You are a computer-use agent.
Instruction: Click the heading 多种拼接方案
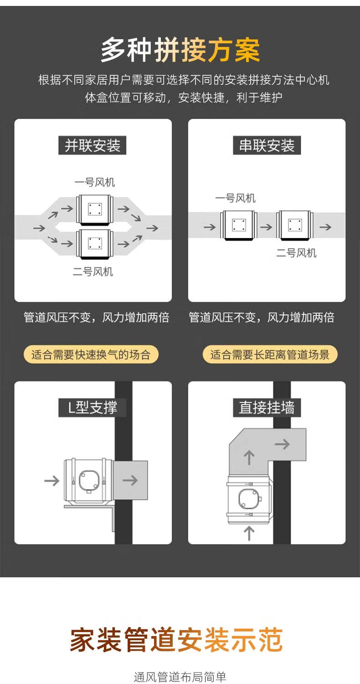(x=180, y=50)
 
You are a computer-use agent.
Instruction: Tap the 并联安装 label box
(x=93, y=146)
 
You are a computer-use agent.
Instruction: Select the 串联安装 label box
(x=267, y=146)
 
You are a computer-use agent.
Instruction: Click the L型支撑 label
(x=93, y=407)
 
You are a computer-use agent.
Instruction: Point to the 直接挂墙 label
(x=267, y=407)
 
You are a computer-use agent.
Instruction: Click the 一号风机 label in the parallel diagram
(x=94, y=182)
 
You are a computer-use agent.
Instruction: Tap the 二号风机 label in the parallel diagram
(x=93, y=272)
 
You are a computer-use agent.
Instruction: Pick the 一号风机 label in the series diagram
(x=235, y=198)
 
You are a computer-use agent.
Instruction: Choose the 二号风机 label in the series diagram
(x=296, y=253)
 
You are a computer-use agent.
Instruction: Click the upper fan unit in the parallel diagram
(x=94, y=209)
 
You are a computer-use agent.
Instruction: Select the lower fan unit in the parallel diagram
(x=94, y=244)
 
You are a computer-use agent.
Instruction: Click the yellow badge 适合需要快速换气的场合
(x=91, y=354)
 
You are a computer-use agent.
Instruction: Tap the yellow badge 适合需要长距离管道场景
(x=270, y=354)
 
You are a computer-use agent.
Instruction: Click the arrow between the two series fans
(x=267, y=227)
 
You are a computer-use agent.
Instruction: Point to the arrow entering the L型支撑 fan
(x=51, y=480)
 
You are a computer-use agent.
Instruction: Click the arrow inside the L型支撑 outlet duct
(x=130, y=480)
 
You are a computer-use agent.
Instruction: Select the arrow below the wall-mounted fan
(x=249, y=533)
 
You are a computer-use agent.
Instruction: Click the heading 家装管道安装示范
(x=176, y=639)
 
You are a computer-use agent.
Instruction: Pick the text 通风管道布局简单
(x=180, y=677)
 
